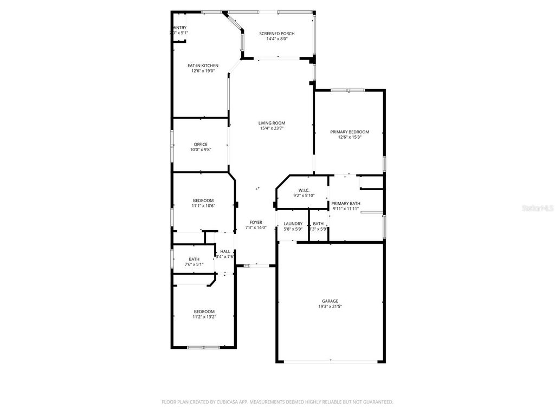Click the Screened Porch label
[x=276, y=34]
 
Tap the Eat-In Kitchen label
[x=203, y=66]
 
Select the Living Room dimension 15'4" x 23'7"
[x=272, y=128]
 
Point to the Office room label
[x=201, y=144]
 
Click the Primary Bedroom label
[x=350, y=132]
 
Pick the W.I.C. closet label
[x=304, y=190]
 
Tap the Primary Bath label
[x=346, y=203]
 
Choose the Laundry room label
[x=293, y=224]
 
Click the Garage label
[x=330, y=301]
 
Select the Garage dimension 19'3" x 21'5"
[x=330, y=307]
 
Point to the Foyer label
[x=256, y=222]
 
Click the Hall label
[x=225, y=251]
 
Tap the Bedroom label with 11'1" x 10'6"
[x=203, y=200]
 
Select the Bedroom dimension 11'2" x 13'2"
[x=204, y=317]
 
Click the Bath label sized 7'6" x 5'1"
[x=194, y=259]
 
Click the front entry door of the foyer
[x=256, y=265]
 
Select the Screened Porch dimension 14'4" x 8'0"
[x=276, y=39]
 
